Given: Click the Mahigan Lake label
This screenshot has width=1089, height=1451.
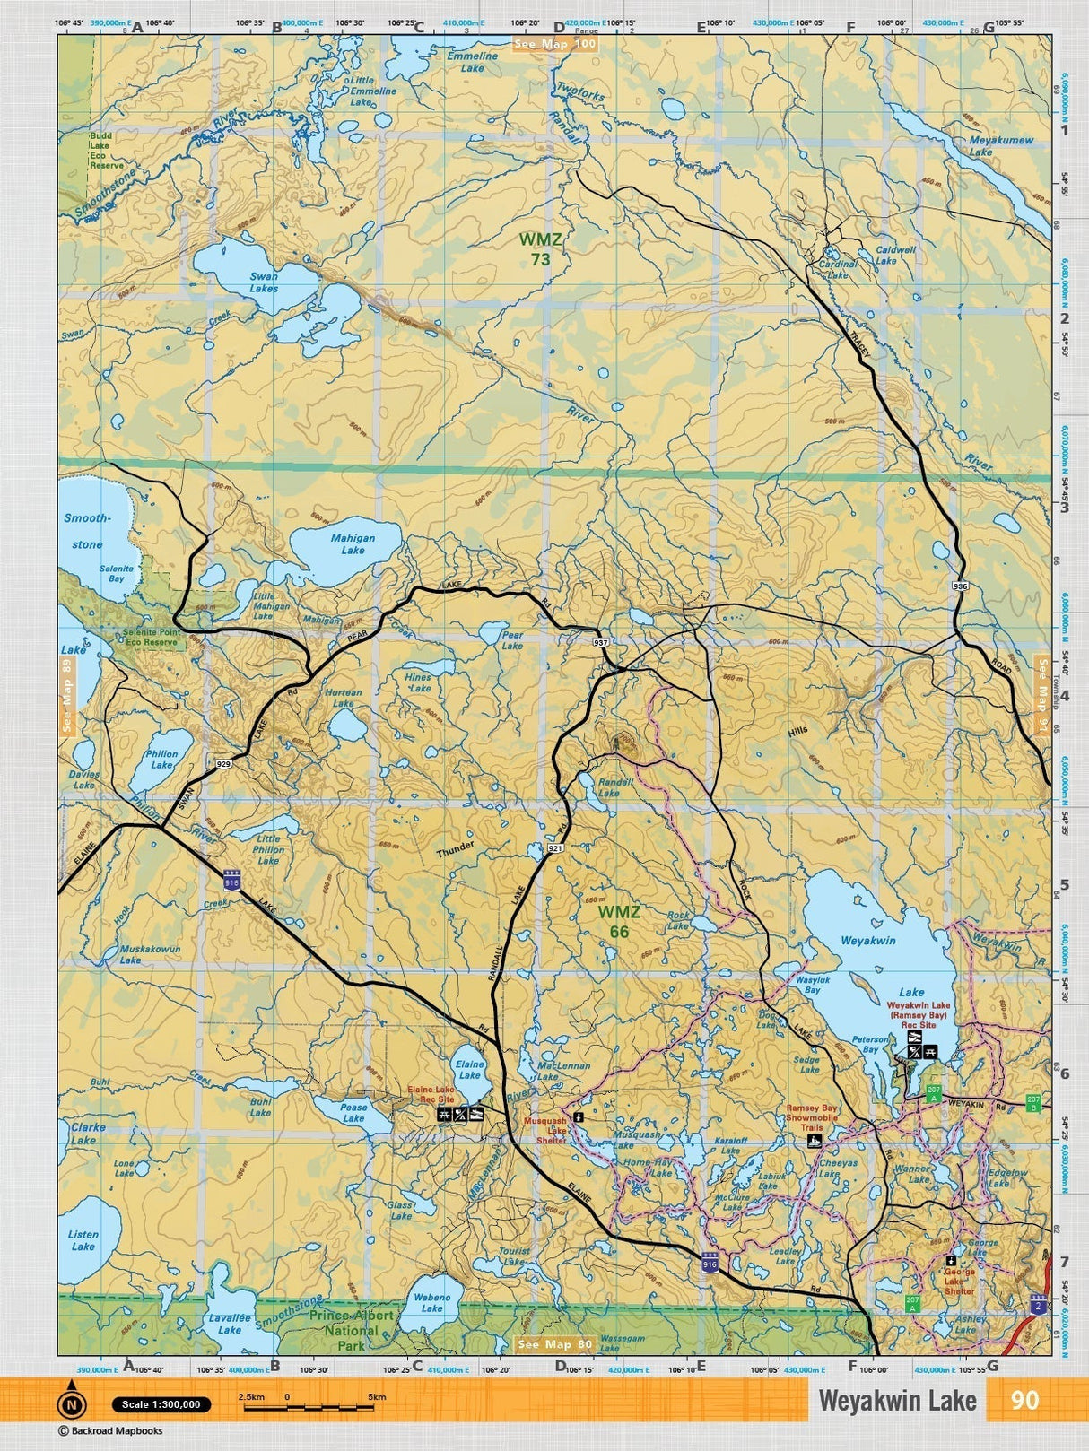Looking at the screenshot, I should click(353, 544).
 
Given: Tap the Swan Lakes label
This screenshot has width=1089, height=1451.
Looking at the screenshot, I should click(264, 282).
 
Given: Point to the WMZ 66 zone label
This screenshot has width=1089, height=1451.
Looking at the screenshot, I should click(619, 922).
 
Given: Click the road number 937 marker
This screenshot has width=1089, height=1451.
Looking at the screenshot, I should click(600, 643).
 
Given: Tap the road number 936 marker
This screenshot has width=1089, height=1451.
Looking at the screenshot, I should click(961, 586).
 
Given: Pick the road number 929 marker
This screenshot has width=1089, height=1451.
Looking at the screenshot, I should click(224, 763).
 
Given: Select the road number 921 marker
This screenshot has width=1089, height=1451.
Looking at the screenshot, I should click(555, 847).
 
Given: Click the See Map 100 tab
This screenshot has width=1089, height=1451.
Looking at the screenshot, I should click(554, 44).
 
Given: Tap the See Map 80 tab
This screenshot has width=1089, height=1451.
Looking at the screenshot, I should click(555, 1344).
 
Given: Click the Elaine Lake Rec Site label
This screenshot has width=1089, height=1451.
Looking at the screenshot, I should click(431, 1094).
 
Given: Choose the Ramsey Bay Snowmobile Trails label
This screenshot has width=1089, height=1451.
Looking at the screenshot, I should click(812, 1118).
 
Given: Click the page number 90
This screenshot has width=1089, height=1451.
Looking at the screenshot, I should click(1024, 1401).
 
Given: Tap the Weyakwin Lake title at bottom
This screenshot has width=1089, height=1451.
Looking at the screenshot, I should click(897, 1402).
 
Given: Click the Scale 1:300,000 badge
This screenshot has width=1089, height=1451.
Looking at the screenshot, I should click(161, 1404).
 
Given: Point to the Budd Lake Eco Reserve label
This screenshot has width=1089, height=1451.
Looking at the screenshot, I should click(106, 151).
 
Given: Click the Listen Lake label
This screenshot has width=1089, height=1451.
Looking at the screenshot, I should click(83, 1240).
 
